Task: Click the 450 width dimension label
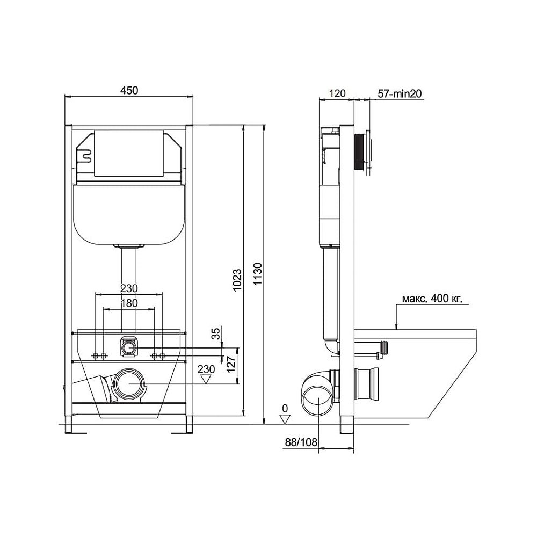[x=129, y=90]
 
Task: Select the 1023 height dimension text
[x=237, y=280]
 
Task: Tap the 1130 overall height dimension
[x=258, y=274]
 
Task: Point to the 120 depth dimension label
[x=337, y=93]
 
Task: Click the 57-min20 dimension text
[x=400, y=93]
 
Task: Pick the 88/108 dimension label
[x=301, y=442]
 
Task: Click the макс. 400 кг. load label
[x=432, y=299]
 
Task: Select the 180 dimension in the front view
[x=129, y=303]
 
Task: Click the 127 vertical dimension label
[x=231, y=365]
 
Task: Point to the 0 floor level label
[x=285, y=408]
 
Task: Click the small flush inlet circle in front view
[x=129, y=349]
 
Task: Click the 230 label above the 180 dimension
[x=129, y=288]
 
